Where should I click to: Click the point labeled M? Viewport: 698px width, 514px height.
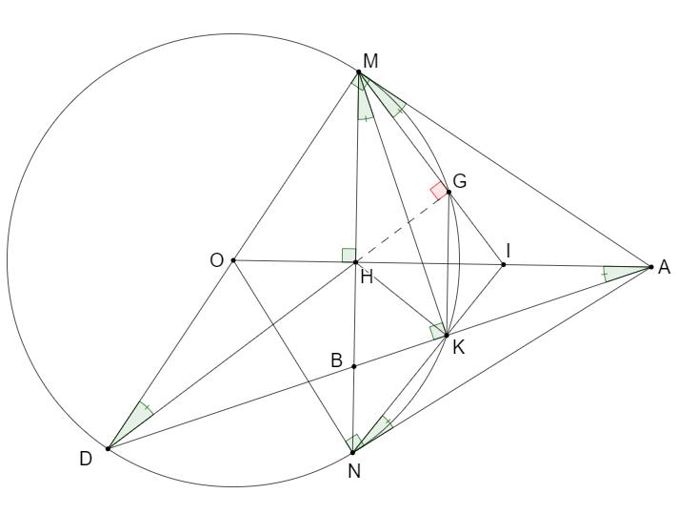359,72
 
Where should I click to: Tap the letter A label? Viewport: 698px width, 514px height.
665,268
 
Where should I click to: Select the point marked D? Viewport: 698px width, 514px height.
108,448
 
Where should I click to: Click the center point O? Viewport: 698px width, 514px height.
233,260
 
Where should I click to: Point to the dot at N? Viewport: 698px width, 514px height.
352,452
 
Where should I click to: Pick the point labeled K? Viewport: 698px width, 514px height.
446,335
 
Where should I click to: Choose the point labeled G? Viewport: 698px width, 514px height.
449,193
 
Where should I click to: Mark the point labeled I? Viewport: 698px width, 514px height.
504,264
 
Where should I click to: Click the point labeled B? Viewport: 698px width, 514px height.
354,366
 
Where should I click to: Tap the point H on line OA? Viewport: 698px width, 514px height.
355,262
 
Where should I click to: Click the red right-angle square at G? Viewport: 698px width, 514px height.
438,191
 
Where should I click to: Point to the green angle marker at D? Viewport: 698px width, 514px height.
135,420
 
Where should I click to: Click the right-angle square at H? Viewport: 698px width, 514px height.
349,255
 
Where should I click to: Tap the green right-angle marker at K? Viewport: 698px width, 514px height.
437,332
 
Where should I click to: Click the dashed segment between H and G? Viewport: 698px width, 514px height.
402,228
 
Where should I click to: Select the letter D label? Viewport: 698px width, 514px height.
87,460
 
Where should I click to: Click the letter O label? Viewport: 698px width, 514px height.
217,259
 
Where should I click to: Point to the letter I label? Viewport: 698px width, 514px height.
509,250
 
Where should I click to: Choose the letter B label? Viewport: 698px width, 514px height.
336,361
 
